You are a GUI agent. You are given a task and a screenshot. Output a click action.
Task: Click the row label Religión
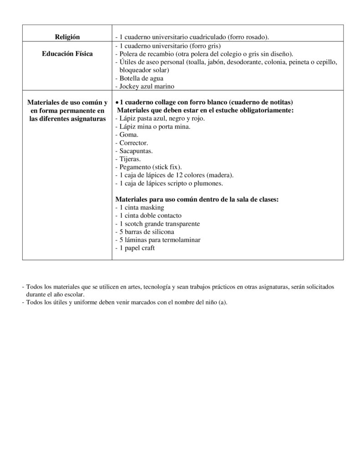pyautogui.click(x=67, y=36)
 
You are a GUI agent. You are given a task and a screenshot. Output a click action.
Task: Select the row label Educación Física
pyautogui.click(x=67, y=54)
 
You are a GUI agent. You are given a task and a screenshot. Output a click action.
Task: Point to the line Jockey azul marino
pyautogui.click(x=145, y=86)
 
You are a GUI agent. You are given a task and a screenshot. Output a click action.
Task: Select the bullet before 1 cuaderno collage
pyautogui.click(x=117, y=102)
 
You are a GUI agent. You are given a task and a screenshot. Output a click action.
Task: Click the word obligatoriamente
pyautogui.click(x=263, y=111)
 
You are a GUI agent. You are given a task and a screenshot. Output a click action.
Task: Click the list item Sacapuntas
pyautogui.click(x=134, y=151)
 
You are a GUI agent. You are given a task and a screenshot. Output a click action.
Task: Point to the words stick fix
pyautogui.click(x=167, y=167)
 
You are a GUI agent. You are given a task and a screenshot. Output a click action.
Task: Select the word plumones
pyautogui.click(x=208, y=184)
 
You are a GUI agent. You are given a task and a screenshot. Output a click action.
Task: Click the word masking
pyautogui.click(x=152, y=208)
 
